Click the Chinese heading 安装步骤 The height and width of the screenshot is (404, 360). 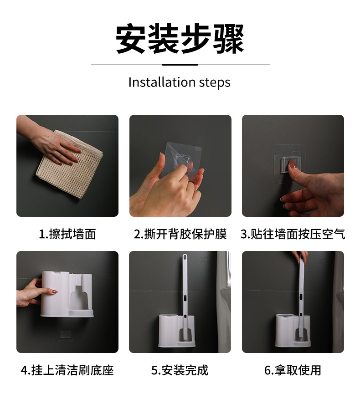(x=180, y=39)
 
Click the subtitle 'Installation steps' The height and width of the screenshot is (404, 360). (x=180, y=82)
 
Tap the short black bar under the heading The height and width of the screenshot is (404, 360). (x=180, y=65)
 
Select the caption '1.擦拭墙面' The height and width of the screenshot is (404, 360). (x=67, y=234)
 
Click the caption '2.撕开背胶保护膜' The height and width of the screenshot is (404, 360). (x=180, y=234)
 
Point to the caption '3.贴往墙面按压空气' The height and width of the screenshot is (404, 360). (x=293, y=234)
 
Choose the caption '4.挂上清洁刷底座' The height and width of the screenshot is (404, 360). (x=67, y=370)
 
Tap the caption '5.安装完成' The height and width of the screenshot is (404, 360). (x=180, y=370)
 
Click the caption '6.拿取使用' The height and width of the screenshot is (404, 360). (x=293, y=370)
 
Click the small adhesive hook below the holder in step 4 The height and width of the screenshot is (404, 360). (x=65, y=334)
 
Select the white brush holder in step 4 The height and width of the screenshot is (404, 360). (x=67, y=294)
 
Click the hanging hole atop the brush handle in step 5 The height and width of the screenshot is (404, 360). (x=185, y=257)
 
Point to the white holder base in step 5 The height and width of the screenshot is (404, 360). (x=177, y=331)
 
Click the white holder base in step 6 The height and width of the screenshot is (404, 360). (x=293, y=331)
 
